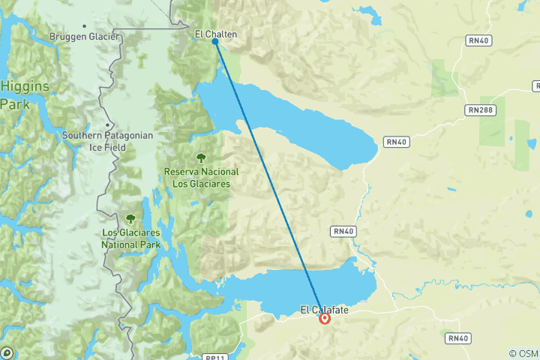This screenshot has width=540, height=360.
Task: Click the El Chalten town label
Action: (215, 33)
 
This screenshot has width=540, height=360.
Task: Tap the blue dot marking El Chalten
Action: (215, 42)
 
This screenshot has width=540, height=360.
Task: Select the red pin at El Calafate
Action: (325, 318)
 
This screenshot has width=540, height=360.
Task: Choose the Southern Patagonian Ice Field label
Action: (108, 141)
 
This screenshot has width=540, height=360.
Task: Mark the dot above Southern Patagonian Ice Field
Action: (108, 125)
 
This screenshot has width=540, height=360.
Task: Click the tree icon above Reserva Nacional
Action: (201, 158)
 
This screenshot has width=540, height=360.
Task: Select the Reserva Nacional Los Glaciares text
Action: (201, 176)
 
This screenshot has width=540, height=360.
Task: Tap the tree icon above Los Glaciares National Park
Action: (130, 218)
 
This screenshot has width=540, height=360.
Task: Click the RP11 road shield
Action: (214, 357)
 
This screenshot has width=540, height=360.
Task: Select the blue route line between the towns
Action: (270, 180)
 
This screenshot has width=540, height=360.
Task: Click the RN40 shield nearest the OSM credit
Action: (457, 338)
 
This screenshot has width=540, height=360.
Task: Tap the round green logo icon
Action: (6, 352)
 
